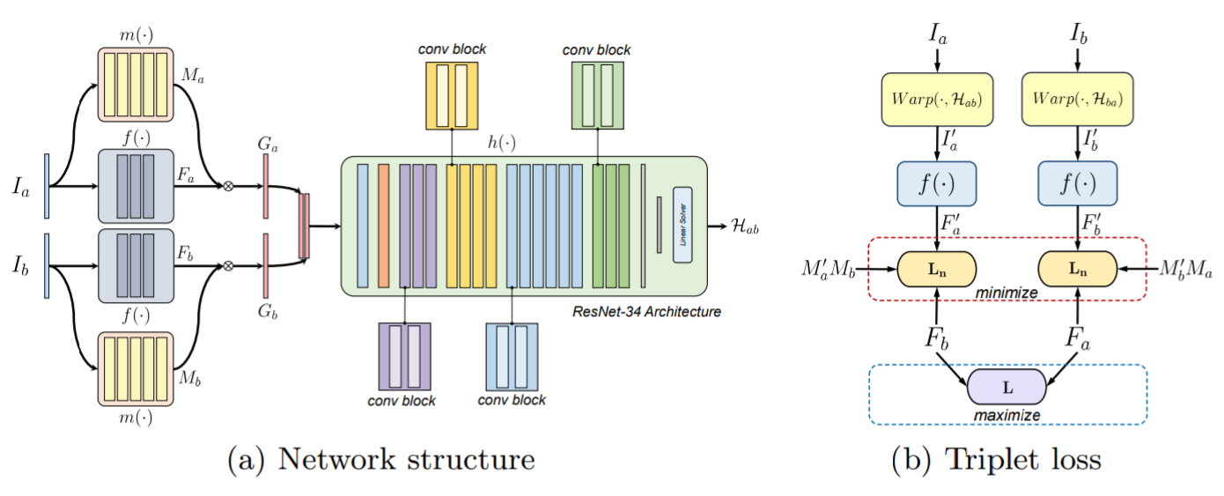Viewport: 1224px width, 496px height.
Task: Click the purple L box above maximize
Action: [x=1006, y=388]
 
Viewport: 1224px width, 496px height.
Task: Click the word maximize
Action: [x=1006, y=415]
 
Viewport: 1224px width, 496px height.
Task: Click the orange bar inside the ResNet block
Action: [x=383, y=226]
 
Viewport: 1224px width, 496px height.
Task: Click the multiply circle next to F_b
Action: [x=229, y=264]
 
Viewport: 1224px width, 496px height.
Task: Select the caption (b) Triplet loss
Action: [x=1007, y=460]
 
